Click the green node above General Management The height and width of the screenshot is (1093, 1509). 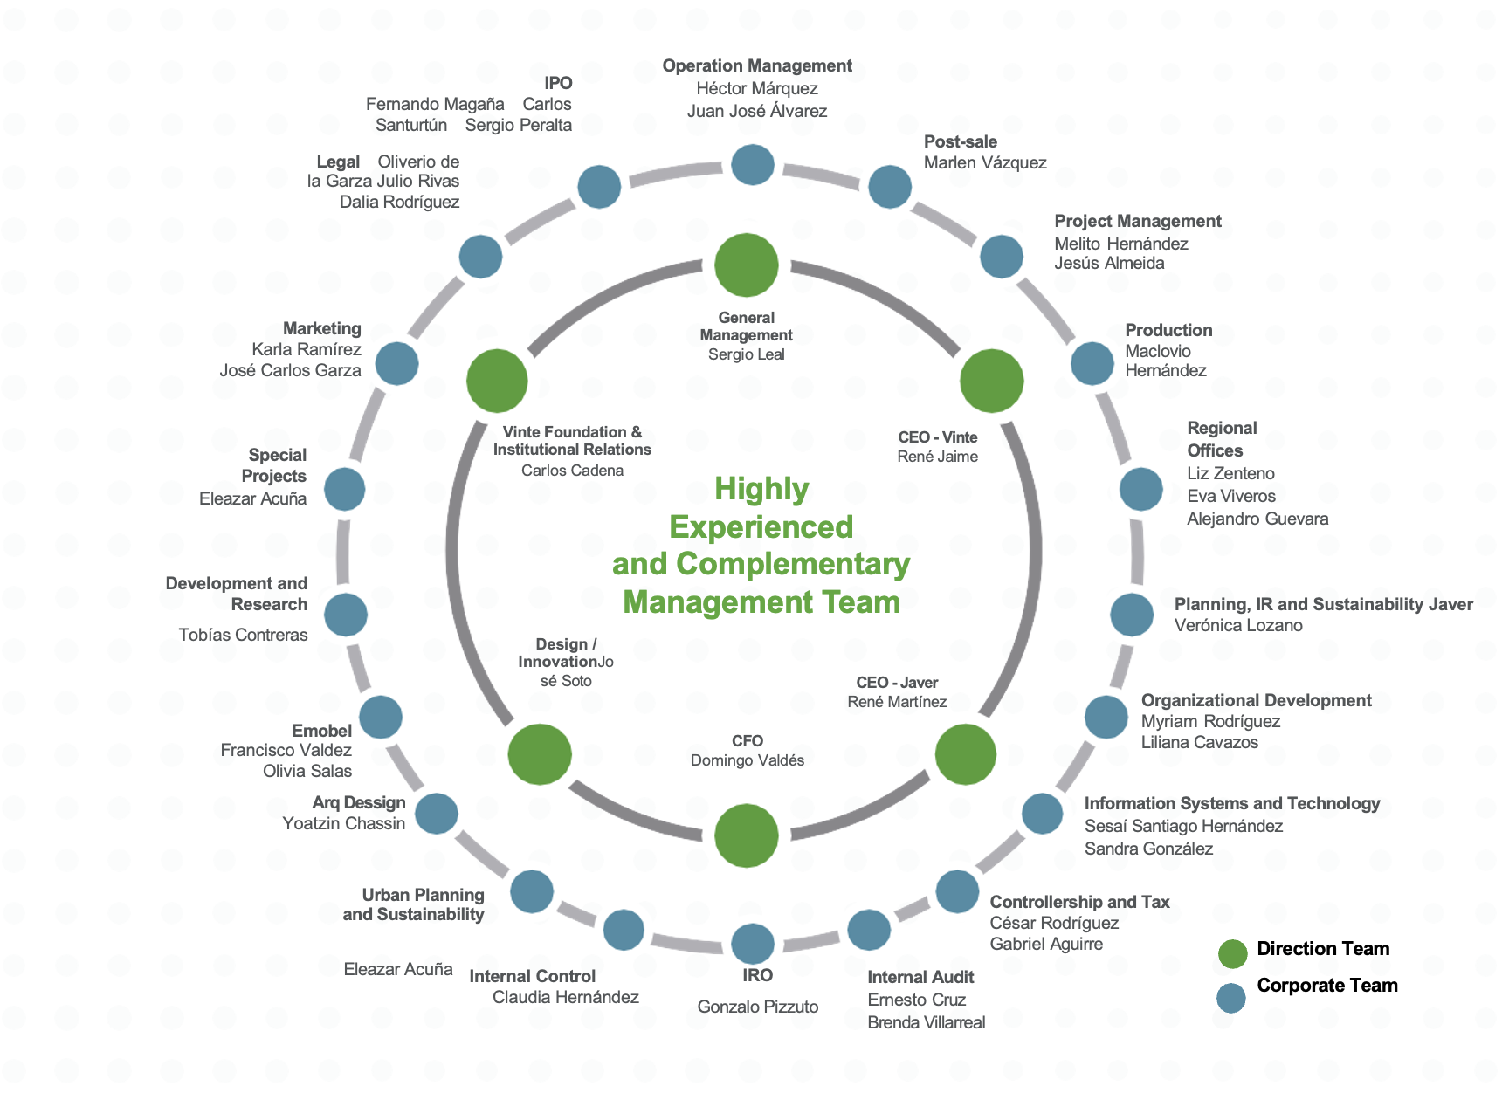point(747,265)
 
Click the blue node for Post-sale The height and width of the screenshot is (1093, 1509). point(890,187)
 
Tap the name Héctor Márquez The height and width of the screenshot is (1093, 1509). point(757,88)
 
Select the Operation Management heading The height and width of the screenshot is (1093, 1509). point(757,65)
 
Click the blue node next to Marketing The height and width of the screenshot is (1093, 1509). point(397,363)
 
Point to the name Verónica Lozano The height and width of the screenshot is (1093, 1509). point(1238,625)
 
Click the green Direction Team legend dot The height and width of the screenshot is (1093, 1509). point(1232,954)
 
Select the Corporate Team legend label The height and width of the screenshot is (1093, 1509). point(1326,986)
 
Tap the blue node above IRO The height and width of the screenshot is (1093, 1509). point(753,944)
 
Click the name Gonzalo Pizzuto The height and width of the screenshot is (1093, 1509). point(758,1007)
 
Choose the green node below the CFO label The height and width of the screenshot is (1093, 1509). point(747,835)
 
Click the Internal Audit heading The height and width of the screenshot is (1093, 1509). point(920,977)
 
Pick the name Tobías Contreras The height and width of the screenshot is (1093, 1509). point(244,635)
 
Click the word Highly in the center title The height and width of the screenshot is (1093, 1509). point(761,489)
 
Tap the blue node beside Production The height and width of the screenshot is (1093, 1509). point(1092,363)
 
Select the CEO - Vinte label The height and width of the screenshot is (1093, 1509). point(938,437)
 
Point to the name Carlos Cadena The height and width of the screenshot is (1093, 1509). point(572,471)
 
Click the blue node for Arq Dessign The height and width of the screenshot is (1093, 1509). point(437,814)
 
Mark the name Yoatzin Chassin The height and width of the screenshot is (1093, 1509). point(344,823)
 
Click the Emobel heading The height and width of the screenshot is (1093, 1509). point(321,731)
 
